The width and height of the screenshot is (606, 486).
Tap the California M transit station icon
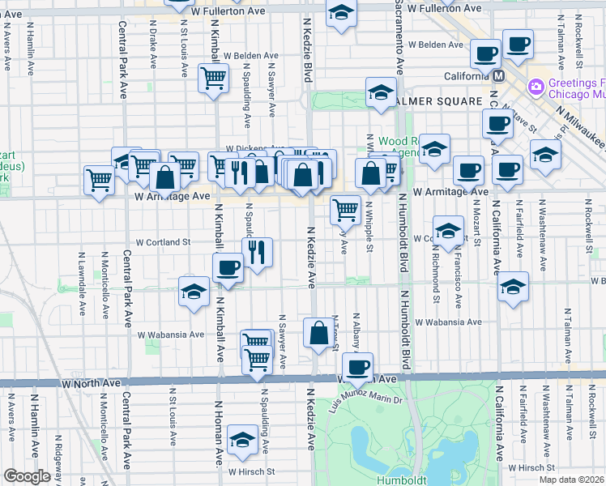point(497,76)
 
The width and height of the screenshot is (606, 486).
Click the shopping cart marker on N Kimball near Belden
point(212,79)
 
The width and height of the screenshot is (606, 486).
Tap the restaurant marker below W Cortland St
point(257,252)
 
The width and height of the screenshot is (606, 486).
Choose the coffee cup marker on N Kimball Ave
point(228,267)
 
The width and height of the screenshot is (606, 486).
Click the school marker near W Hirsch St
point(241,439)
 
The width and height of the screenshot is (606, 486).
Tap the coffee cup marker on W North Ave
point(357,367)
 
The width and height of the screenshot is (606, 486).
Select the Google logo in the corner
point(27,476)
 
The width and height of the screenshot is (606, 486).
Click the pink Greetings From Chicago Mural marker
point(536,87)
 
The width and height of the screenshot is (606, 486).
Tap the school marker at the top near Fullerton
point(341,14)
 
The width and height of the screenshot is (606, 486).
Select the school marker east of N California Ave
point(513,287)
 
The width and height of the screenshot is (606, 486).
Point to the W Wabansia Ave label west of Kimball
point(170,334)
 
